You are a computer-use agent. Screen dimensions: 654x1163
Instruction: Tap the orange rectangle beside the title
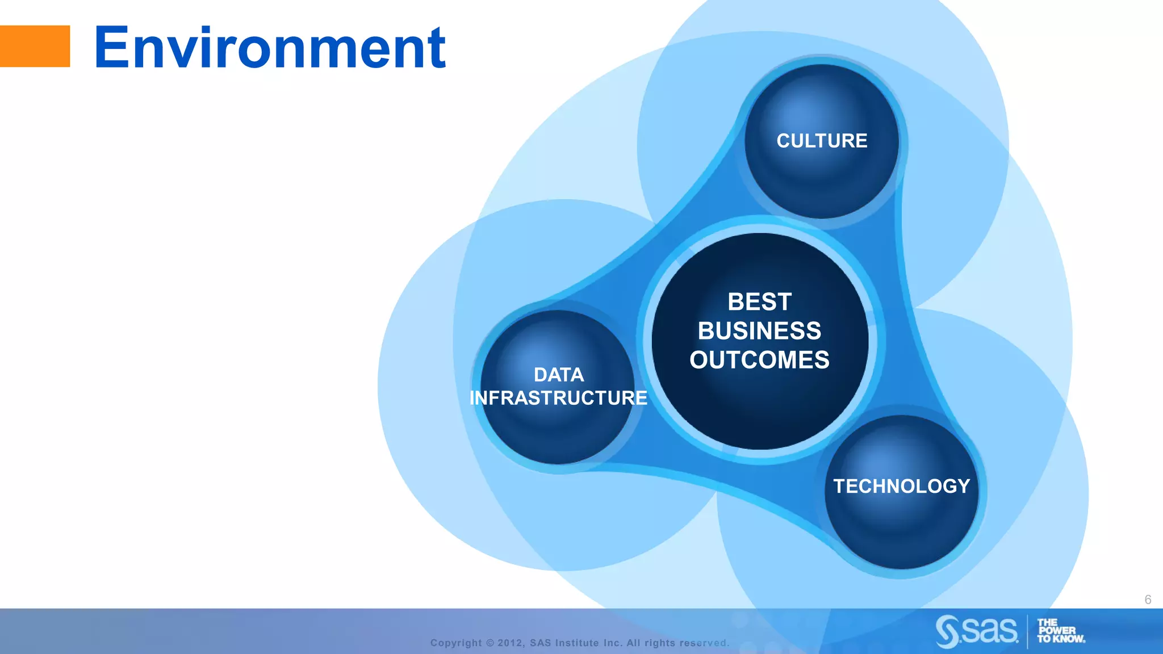(x=35, y=46)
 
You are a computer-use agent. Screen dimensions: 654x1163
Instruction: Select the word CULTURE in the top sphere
(x=822, y=141)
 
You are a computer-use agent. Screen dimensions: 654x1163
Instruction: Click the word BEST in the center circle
(x=759, y=302)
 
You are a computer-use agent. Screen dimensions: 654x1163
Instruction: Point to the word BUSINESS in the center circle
(x=759, y=331)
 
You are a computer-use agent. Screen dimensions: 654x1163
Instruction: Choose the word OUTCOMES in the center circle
(x=759, y=360)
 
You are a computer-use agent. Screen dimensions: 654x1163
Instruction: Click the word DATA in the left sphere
(x=559, y=375)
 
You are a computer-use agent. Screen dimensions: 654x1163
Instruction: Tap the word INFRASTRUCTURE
(x=558, y=398)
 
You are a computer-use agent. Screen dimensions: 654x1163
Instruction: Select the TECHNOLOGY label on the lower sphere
(x=901, y=486)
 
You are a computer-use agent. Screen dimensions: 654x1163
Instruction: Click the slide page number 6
(x=1148, y=599)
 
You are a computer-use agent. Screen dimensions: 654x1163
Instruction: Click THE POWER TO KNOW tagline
(x=1060, y=631)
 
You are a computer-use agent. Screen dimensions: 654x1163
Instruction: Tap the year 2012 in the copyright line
(x=510, y=643)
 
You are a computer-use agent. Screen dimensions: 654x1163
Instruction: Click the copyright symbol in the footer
(x=490, y=643)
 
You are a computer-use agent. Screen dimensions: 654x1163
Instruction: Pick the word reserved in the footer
(x=704, y=643)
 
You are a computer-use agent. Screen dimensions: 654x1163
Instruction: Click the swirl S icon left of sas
(x=947, y=631)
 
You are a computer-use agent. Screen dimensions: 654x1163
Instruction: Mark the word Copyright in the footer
(x=456, y=643)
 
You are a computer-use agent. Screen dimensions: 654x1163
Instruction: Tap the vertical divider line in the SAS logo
(x=1027, y=631)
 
